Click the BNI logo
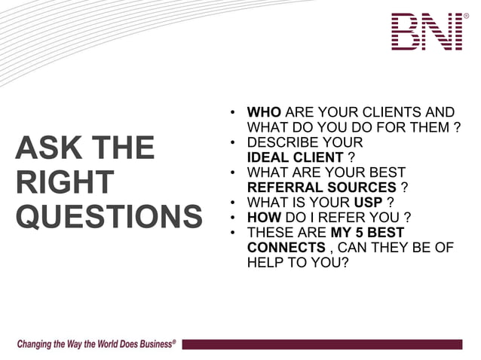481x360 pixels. pyautogui.click(x=427, y=32)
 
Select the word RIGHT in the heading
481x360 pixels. pyautogui.click(x=64, y=182)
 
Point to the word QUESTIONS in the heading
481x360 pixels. pyautogui.click(x=109, y=217)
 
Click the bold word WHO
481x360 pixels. pyautogui.click(x=264, y=112)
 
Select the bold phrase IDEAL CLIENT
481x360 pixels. pyautogui.click(x=296, y=157)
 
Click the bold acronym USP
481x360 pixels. pyautogui.click(x=368, y=203)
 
